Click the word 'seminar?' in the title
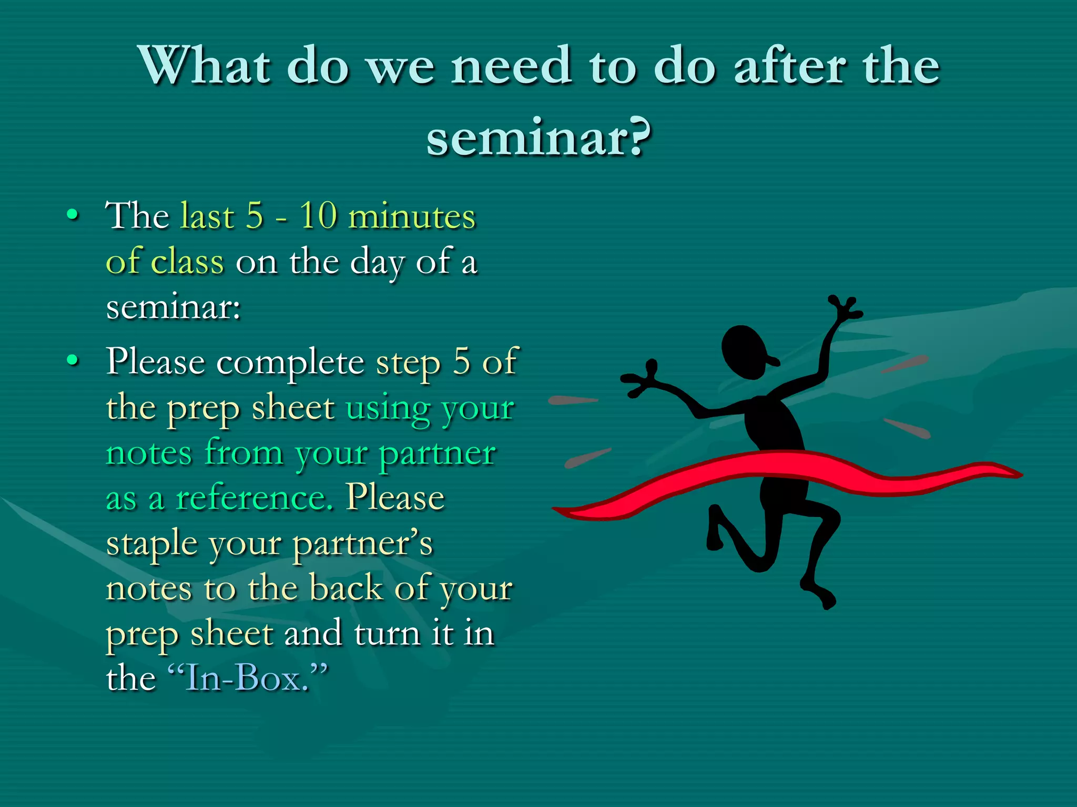[x=538, y=138]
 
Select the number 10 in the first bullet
[x=318, y=215]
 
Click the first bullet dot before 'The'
[x=73, y=215]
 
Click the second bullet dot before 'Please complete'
[x=73, y=360]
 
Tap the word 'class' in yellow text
[x=187, y=261]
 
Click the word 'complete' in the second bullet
[x=290, y=363]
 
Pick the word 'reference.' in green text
[x=255, y=498]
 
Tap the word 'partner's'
[x=362, y=544]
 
